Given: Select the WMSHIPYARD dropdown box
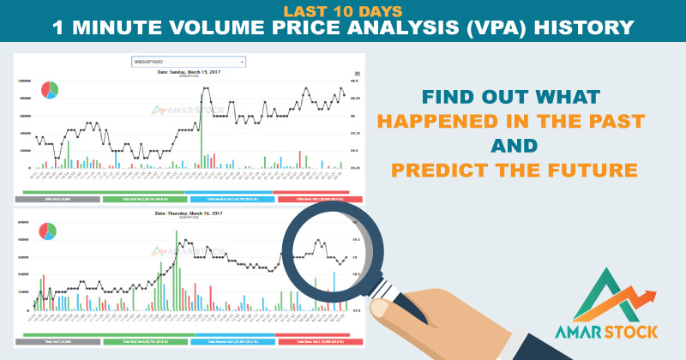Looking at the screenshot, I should click(189, 62).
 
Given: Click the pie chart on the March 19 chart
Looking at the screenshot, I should click(48, 89).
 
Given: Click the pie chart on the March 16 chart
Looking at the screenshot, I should click(48, 230).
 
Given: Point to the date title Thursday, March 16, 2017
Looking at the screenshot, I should click(189, 213).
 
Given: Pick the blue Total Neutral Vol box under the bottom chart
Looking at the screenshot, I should click(238, 340).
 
